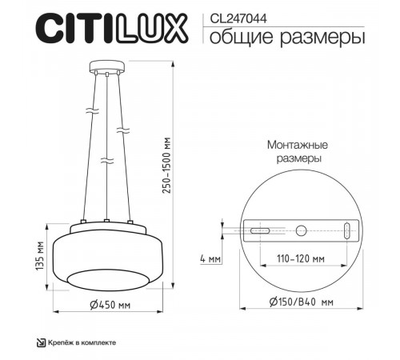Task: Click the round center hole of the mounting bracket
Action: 301,231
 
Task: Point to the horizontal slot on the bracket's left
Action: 258,231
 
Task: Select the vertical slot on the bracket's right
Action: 346,231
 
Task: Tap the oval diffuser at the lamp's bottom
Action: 106,278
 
